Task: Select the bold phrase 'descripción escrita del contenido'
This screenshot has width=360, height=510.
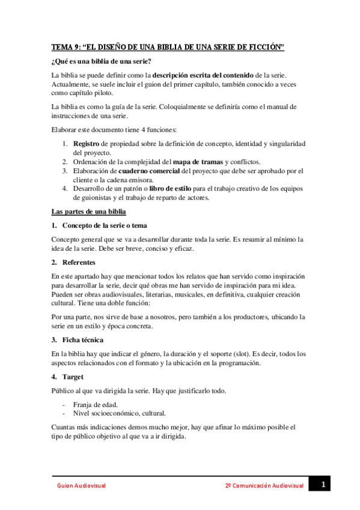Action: (203, 76)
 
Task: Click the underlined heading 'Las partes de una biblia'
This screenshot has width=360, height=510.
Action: (88, 211)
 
